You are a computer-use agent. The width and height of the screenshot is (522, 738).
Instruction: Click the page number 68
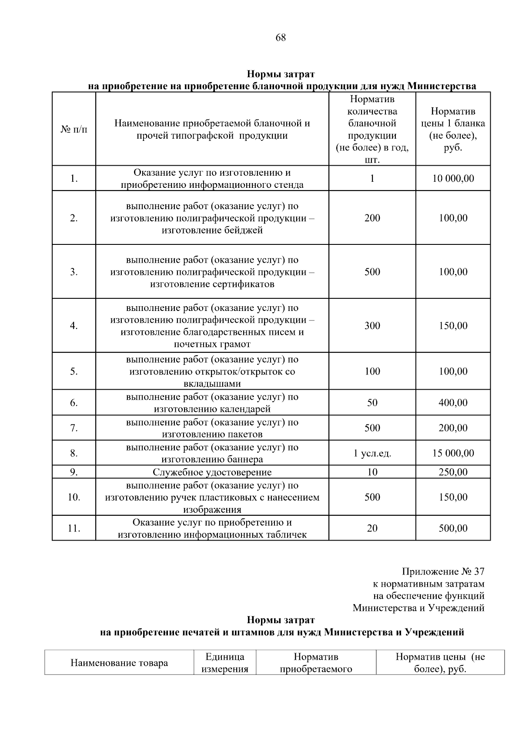281,37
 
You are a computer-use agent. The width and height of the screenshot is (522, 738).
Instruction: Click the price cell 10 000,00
453,178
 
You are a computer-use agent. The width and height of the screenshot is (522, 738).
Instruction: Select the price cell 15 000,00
453,453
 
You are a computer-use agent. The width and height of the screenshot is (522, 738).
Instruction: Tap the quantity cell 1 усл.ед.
372,454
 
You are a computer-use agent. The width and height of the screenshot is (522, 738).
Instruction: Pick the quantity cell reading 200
372,218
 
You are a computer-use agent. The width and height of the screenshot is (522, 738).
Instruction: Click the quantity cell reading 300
372,326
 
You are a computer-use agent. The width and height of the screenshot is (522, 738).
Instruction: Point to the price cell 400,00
453,403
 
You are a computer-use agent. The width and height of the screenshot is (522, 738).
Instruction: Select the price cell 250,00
453,472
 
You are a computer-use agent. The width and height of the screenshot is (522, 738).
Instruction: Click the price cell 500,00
453,528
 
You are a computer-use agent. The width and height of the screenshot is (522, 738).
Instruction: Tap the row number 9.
74,472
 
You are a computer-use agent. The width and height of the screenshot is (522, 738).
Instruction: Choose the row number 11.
74,528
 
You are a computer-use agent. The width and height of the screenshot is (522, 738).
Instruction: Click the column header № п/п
74,130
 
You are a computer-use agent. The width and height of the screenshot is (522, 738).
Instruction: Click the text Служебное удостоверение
212,472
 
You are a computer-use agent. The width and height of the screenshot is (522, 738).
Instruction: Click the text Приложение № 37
443,571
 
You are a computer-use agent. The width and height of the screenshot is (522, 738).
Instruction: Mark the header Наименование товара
119,663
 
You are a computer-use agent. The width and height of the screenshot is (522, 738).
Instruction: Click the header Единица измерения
225,663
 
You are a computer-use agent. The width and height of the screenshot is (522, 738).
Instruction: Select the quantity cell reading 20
372,528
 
